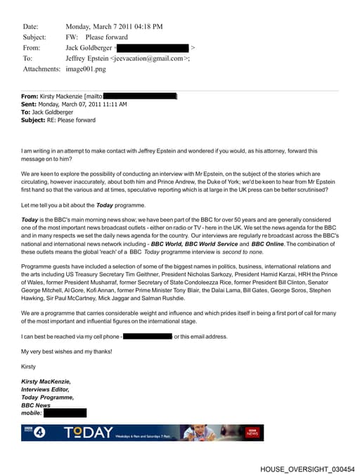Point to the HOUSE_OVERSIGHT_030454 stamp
(x=307, y=469)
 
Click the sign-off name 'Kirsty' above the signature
(x=29, y=367)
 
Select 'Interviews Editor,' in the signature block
(x=46, y=389)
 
